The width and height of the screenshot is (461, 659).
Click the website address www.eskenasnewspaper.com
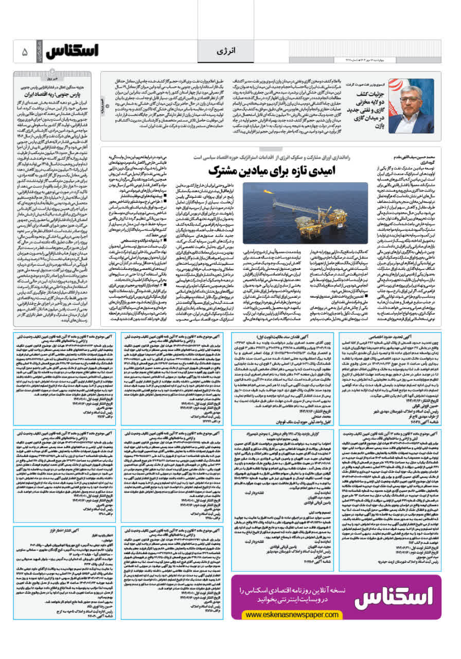click(280, 615)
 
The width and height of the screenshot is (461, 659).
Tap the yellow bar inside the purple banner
click(280, 615)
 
